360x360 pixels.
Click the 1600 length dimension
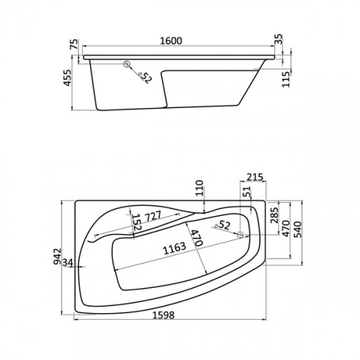171,41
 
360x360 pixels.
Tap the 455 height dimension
68,78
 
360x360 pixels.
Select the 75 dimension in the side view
74,44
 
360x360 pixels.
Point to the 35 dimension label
279,40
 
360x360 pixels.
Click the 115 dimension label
287,79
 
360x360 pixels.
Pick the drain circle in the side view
127,64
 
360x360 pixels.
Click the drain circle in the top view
240,235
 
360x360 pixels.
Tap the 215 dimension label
255,177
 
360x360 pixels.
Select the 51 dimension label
247,192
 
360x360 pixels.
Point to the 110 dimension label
199,188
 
